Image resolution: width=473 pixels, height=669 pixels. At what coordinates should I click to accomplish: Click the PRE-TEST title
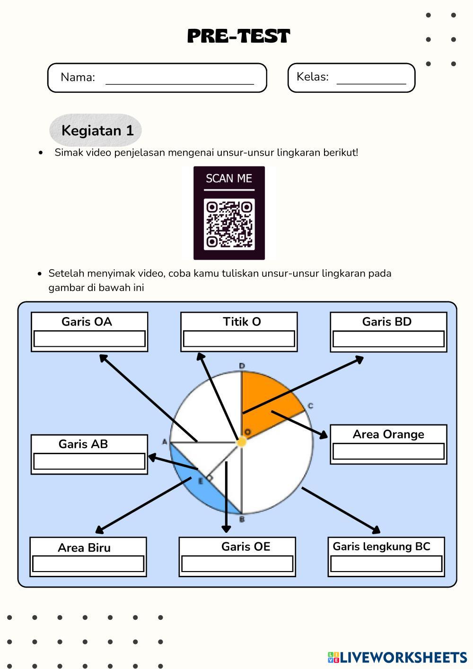(x=238, y=36)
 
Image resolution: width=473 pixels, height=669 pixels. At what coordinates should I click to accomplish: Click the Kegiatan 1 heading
(x=97, y=130)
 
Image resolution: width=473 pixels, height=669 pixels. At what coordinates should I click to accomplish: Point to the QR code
(x=229, y=224)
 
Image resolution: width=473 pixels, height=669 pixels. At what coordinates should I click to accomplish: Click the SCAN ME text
(x=229, y=178)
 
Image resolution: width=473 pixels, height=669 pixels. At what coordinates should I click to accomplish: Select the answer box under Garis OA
(x=89, y=339)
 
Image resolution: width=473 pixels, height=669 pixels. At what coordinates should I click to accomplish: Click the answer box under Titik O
(x=239, y=339)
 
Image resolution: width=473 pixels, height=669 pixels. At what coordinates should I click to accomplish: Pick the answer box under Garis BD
(x=388, y=339)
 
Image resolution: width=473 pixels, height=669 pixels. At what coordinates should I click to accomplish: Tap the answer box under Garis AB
(x=89, y=461)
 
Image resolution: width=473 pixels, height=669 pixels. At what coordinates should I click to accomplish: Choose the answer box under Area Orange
(x=388, y=451)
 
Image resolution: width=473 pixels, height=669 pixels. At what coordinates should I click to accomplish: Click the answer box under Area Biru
(x=88, y=564)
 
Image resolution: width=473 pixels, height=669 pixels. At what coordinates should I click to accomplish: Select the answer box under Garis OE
(x=237, y=563)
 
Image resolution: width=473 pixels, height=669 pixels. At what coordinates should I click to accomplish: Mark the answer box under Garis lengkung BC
(x=386, y=563)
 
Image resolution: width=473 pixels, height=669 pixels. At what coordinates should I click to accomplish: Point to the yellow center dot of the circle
(x=241, y=442)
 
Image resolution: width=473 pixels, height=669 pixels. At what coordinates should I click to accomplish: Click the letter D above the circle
(x=242, y=366)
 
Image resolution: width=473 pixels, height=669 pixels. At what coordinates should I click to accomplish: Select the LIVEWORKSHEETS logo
(x=397, y=657)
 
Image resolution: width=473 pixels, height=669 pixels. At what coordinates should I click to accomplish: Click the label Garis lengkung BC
(x=381, y=546)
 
